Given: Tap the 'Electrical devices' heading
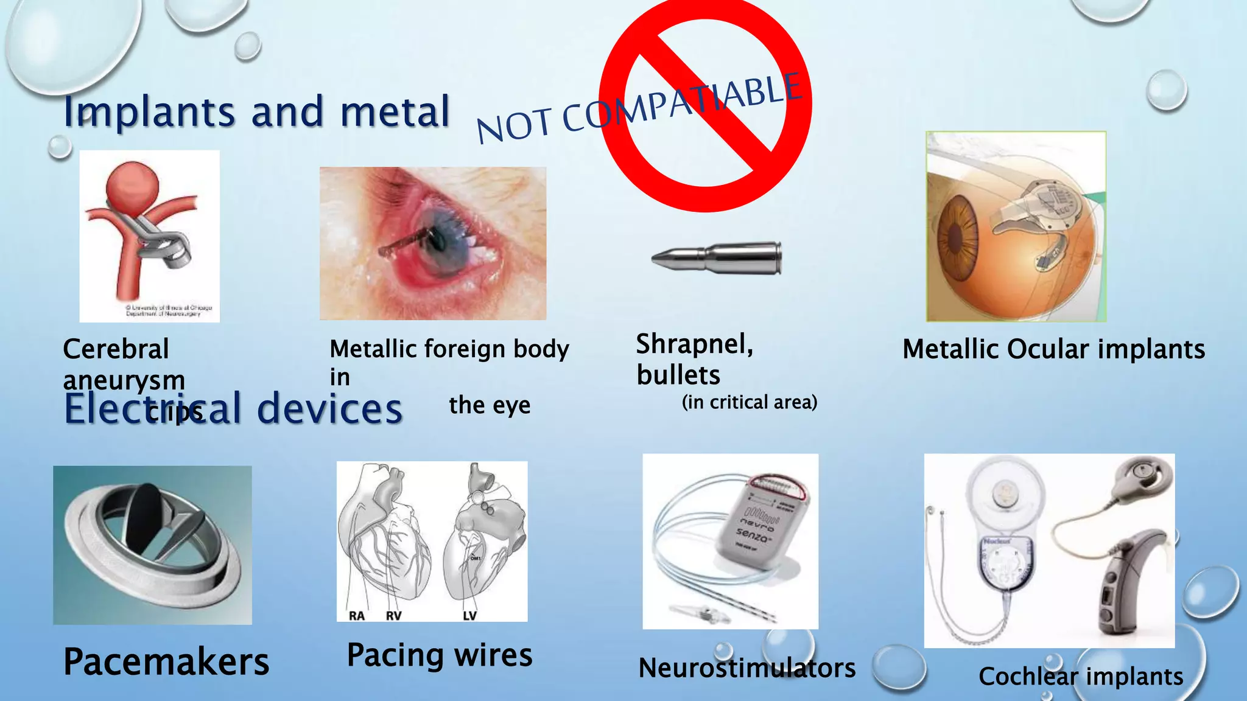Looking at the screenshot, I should pyautogui.click(x=233, y=408).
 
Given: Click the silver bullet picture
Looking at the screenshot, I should pyautogui.click(x=717, y=259).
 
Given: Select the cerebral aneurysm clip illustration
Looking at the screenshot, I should pyautogui.click(x=149, y=235).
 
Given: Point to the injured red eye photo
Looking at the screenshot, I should pyautogui.click(x=432, y=243).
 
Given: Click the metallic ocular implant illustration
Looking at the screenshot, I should pyautogui.click(x=1016, y=226).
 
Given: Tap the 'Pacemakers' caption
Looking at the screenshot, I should pyautogui.click(x=166, y=661).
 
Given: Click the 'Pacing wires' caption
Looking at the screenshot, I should pyautogui.click(x=440, y=655).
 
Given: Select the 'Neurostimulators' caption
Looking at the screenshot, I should pyautogui.click(x=746, y=668).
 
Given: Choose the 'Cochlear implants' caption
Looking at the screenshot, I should pyautogui.click(x=1081, y=677).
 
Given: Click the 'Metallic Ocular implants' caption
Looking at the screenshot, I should pyautogui.click(x=1053, y=349).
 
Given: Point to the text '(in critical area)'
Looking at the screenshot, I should pyautogui.click(x=749, y=402).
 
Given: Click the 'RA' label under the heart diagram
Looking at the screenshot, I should pyautogui.click(x=357, y=616).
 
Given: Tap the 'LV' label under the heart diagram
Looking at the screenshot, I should pyautogui.click(x=469, y=616).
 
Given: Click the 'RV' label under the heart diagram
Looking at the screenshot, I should pyautogui.click(x=394, y=616).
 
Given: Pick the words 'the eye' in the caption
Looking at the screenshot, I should pyautogui.click(x=490, y=405).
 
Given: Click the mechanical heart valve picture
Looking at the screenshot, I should pyautogui.click(x=152, y=545).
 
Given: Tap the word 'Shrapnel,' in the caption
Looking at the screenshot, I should pyautogui.click(x=695, y=344).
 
